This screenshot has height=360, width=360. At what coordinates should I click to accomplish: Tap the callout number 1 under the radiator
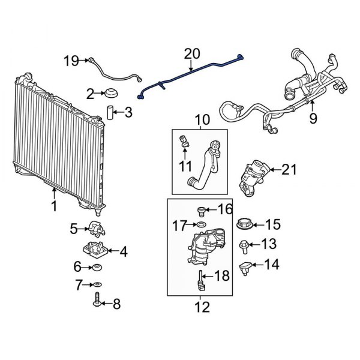[53, 206]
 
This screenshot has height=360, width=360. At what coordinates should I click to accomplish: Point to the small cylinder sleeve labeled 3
[110, 112]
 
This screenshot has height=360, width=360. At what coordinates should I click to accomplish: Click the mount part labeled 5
[95, 228]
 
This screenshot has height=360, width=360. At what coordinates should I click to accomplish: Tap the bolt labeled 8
[97, 301]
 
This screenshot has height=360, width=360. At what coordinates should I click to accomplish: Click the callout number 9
[313, 118]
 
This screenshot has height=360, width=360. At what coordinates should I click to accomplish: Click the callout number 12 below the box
[202, 308]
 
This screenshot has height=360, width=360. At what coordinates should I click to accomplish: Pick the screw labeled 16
[201, 210]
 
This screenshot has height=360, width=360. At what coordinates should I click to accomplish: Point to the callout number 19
[71, 60]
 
